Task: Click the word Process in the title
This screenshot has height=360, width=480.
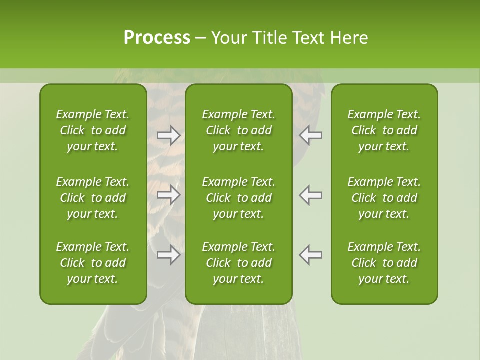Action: pos(157,38)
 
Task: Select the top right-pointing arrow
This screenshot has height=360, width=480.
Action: pos(169,135)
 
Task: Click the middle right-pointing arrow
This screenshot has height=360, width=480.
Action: pos(169,195)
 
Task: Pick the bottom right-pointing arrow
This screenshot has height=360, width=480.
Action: pos(169,255)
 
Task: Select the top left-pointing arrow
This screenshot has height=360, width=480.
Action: pos(311,135)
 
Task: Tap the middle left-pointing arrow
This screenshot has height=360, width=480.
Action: pos(311,195)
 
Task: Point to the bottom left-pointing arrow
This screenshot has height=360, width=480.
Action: pos(311,255)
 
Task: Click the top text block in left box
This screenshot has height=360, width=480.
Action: pos(93,130)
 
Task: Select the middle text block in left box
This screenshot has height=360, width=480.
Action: pos(93,198)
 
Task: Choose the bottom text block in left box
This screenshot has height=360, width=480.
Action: pos(93,263)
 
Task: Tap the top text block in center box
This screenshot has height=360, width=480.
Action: pos(238,130)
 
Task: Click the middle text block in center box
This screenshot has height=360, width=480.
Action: pos(238,198)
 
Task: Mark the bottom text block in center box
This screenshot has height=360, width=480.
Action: pos(238,263)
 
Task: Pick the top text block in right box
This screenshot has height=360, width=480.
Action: pos(384,130)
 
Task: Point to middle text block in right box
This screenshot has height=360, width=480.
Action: pos(384,198)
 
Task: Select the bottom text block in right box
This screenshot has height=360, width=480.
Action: pos(384,263)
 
